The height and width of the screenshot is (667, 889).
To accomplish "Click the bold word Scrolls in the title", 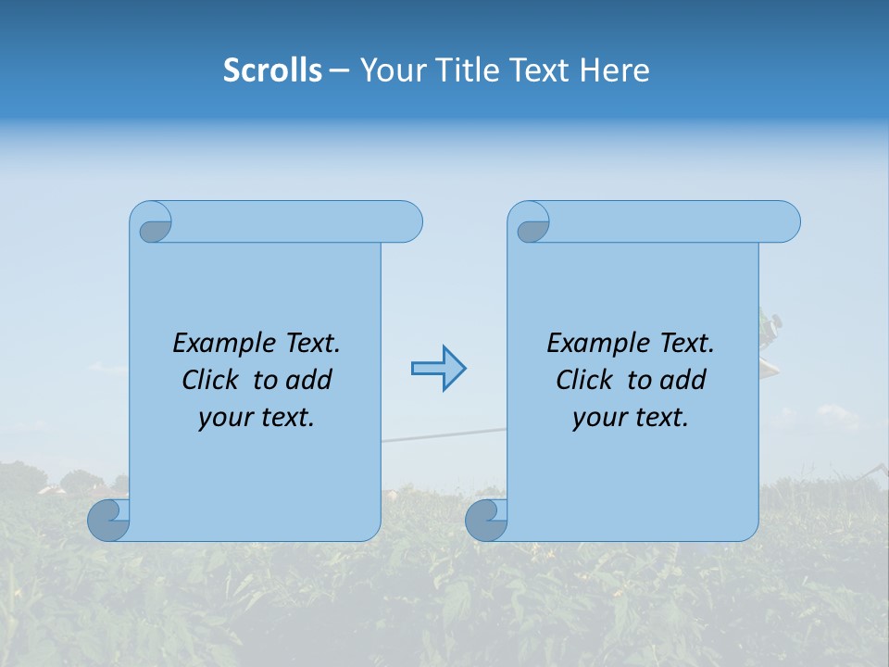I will pos(273,70).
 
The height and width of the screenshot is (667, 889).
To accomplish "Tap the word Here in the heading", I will pos(614,70).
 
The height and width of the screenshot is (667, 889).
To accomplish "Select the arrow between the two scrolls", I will pos(438,369).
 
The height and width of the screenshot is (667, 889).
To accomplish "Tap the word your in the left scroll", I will pos(222,418).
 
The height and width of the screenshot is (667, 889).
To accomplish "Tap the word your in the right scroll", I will pos(596,418).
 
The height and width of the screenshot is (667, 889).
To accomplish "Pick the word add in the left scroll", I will pos(309,380).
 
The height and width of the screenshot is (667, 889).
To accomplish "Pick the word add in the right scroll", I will pos(683,380).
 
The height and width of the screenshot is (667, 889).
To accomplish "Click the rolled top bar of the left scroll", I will pos(296,222).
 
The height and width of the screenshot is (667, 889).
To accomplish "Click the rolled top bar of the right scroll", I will pos(674,222).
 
